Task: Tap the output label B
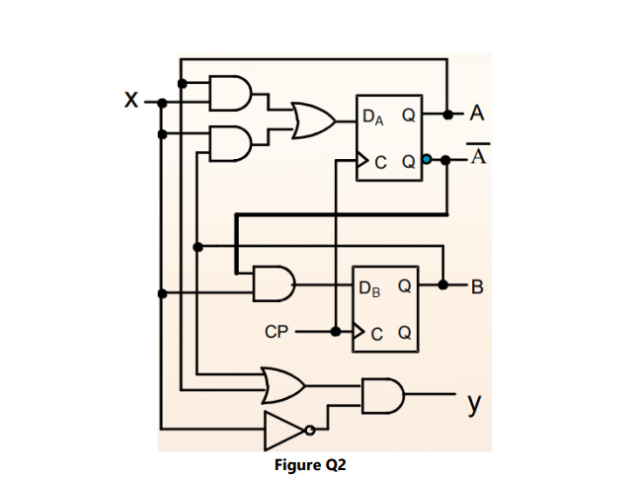point(478,287)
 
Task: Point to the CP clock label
point(278,332)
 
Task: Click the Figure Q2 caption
point(309,464)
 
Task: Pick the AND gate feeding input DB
point(273,284)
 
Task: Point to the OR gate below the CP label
point(280,381)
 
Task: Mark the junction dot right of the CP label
point(337,331)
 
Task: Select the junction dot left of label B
point(444,286)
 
